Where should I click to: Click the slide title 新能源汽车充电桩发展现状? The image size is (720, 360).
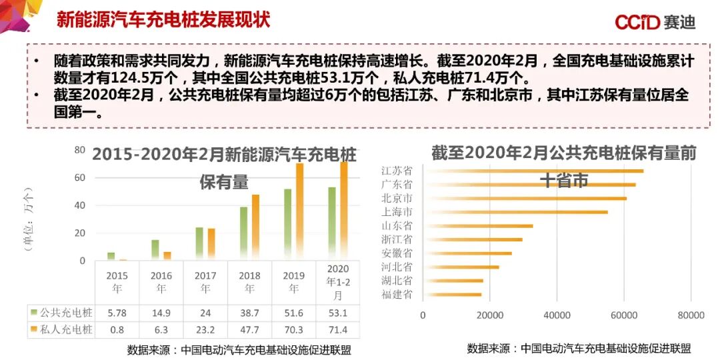tap(163, 20)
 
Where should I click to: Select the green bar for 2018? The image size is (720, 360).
tap(243, 233)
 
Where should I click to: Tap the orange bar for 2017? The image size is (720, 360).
tap(211, 243)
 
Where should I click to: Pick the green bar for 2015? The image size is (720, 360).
tap(111, 255)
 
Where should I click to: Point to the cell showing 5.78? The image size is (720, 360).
tap(117, 313)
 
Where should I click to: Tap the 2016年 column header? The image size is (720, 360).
tap(161, 282)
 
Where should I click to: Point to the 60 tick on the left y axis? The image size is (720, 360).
tap(79, 177)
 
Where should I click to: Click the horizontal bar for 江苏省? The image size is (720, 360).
tap(533, 171)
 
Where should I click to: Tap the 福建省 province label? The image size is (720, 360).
tap(397, 294)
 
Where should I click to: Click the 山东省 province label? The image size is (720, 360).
tap(397, 226)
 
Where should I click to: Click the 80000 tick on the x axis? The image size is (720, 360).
tap(691, 315)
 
